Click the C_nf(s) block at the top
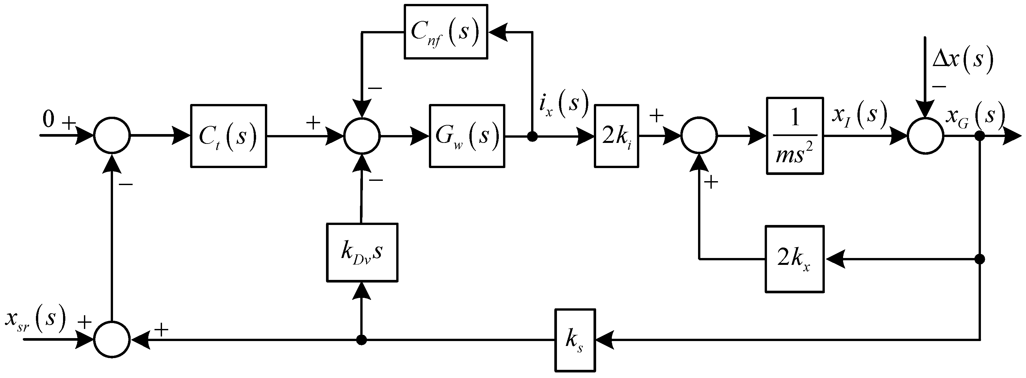point(446,32)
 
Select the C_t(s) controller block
point(228,136)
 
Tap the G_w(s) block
point(467,136)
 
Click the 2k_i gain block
point(616,136)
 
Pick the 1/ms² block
point(795,136)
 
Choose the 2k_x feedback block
point(794,259)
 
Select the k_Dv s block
point(362,253)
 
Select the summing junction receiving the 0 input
point(112,136)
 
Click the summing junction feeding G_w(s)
point(362,136)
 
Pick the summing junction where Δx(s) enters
point(926,136)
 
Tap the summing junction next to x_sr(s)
point(112,340)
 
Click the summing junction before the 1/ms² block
point(699,136)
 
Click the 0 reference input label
point(49,120)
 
